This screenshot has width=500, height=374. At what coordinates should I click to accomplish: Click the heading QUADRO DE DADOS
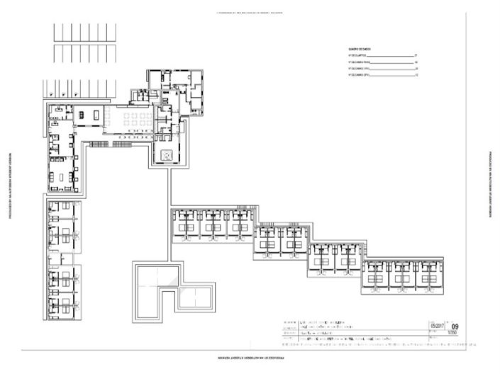pos(357,49)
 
